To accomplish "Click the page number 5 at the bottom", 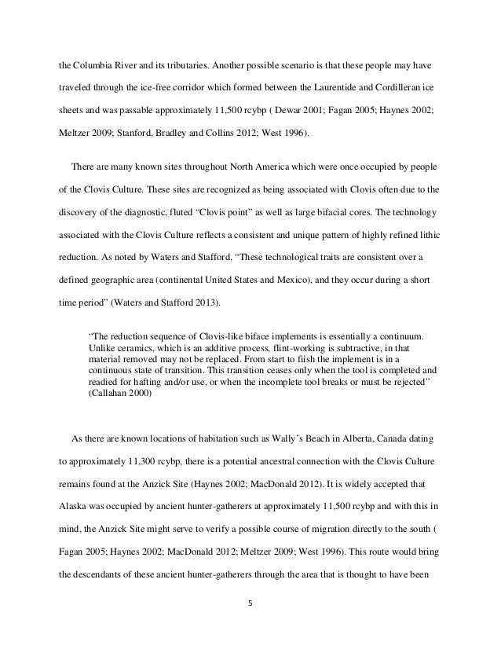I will (x=251, y=605).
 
